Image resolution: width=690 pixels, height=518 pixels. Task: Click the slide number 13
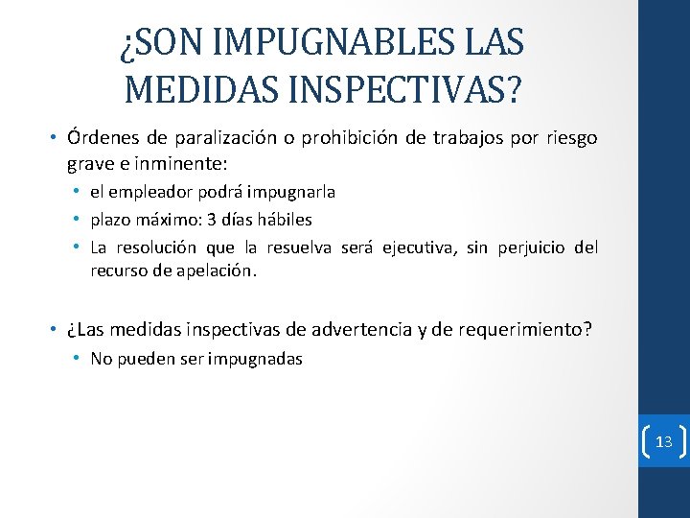click(x=663, y=441)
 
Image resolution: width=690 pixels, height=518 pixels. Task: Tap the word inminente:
click(x=208, y=162)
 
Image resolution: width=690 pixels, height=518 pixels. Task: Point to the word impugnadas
click(x=259, y=359)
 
